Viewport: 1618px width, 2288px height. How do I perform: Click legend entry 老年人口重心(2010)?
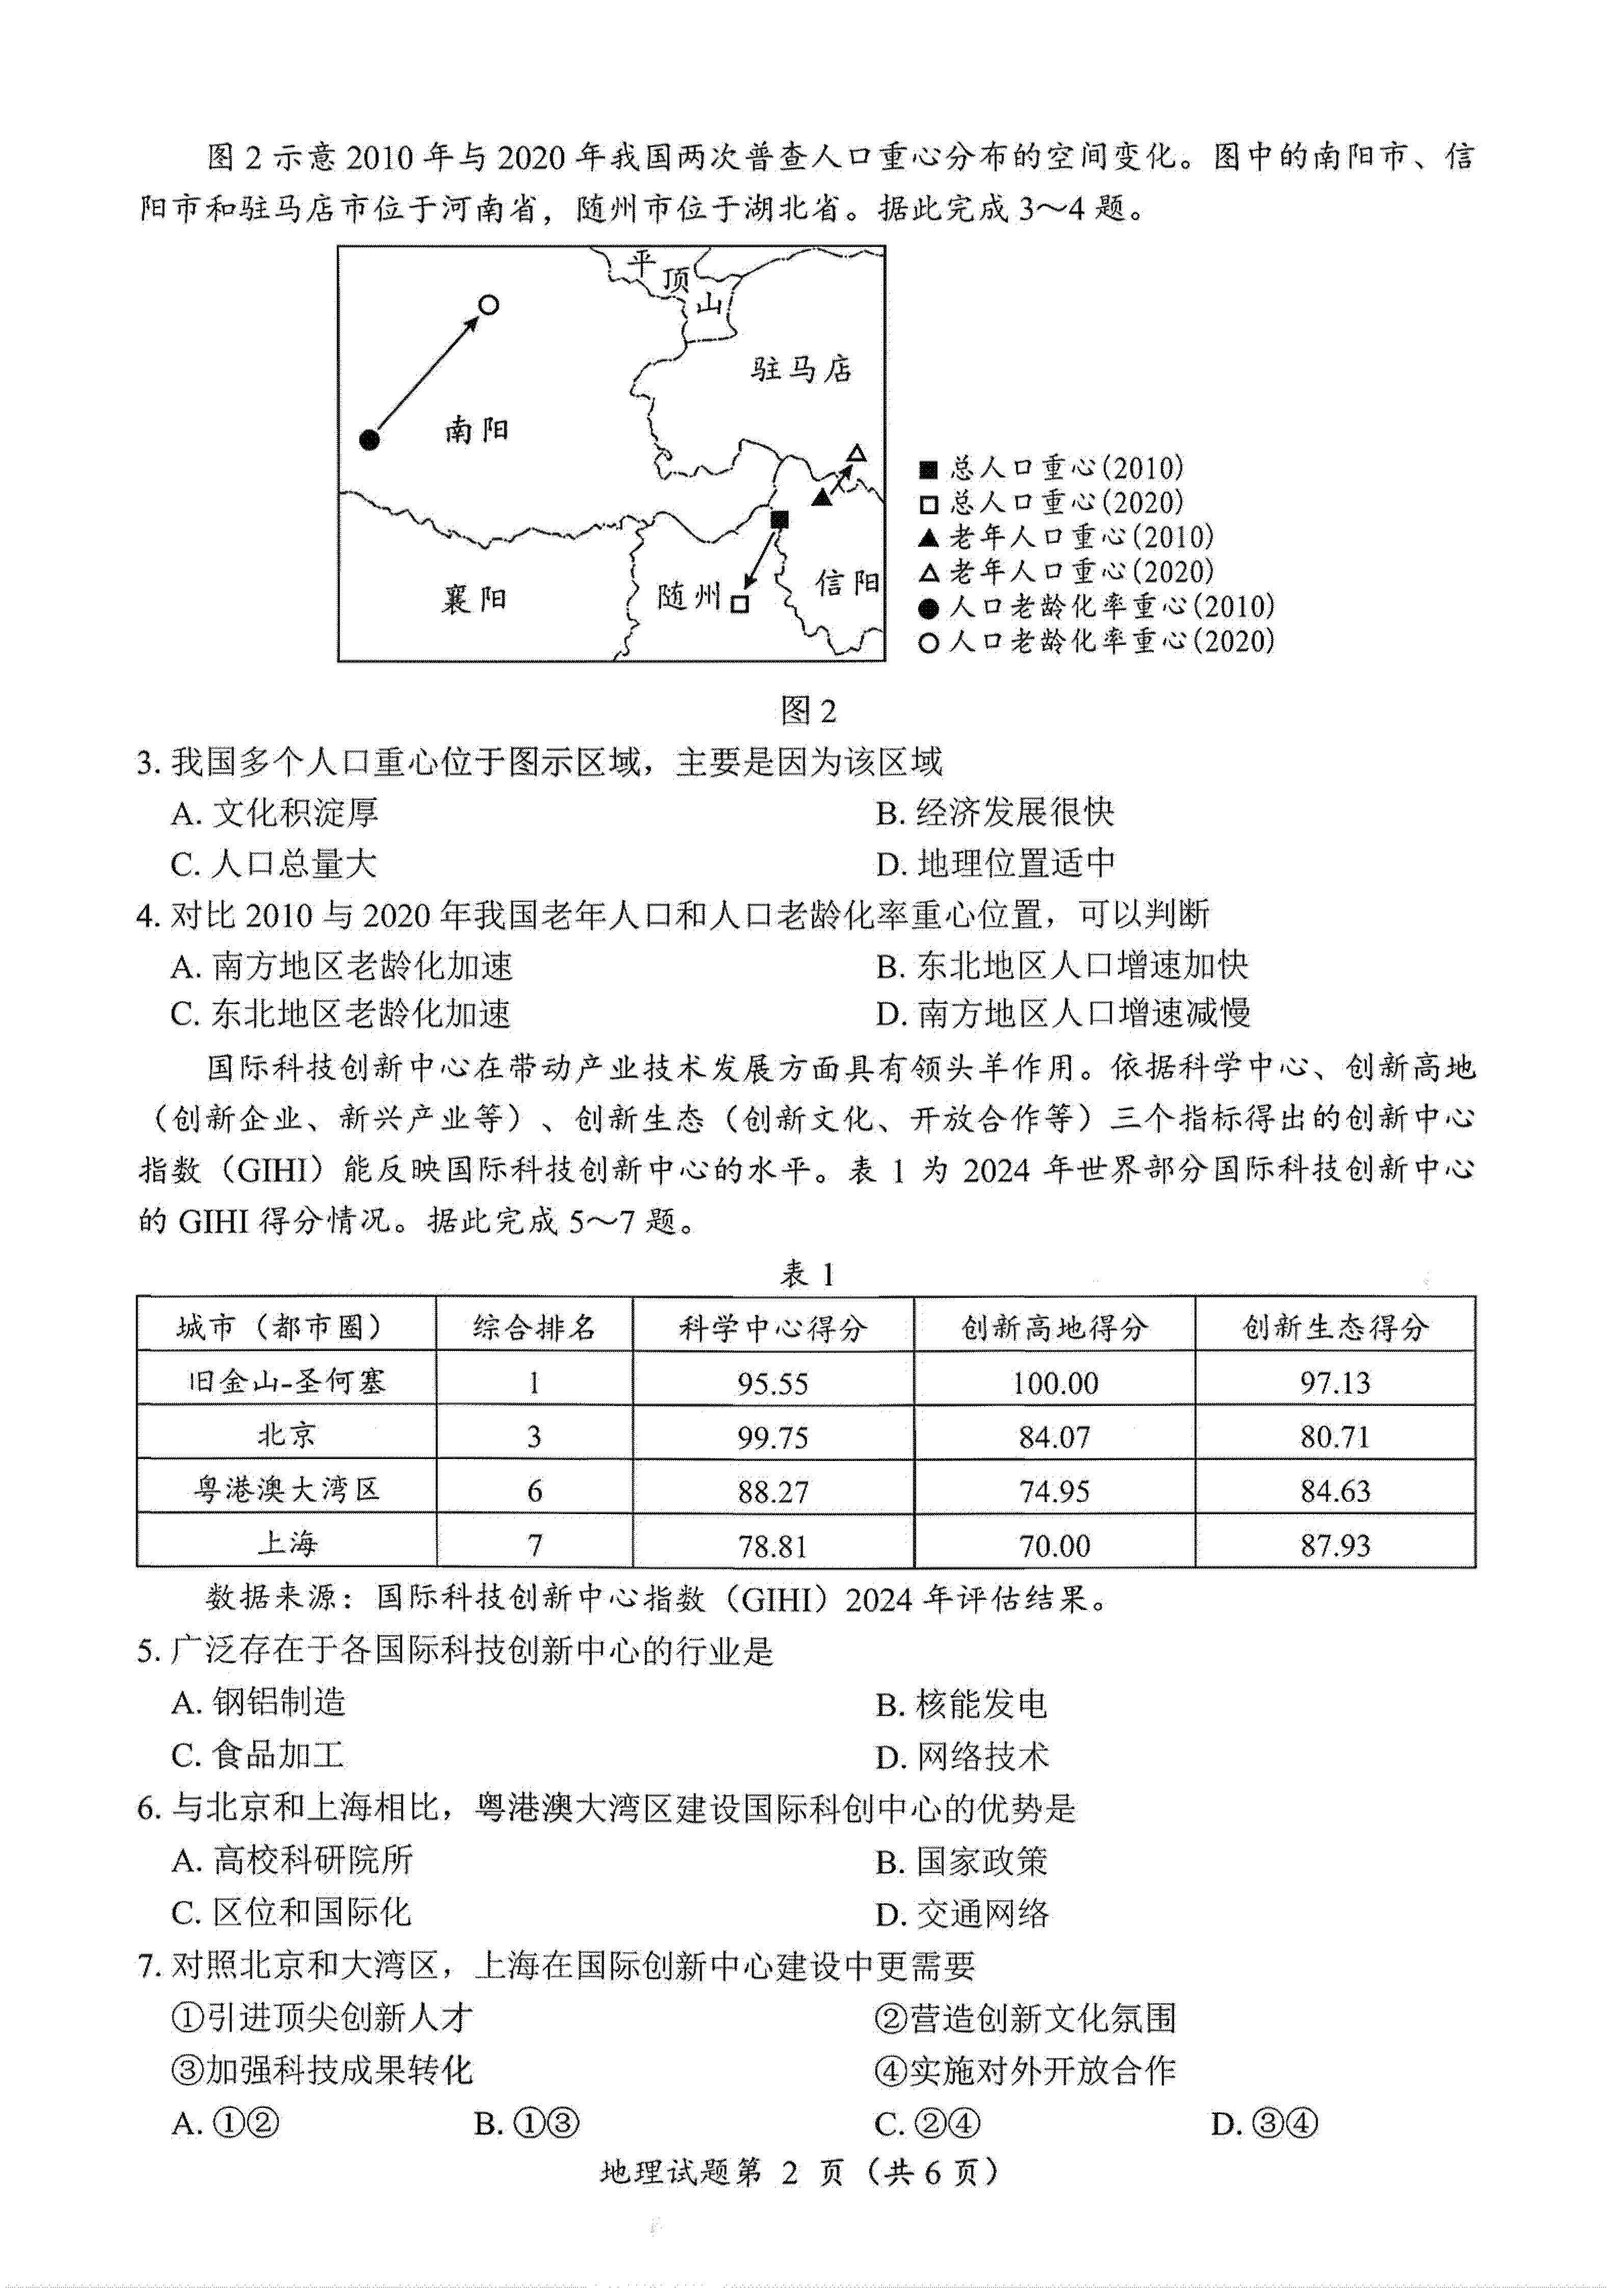(x=1066, y=537)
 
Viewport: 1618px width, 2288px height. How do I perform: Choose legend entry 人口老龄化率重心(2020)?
(x=1096, y=641)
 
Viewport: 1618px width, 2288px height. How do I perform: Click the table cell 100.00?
(x=1054, y=1382)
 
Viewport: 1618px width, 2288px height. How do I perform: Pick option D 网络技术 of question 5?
(x=962, y=1756)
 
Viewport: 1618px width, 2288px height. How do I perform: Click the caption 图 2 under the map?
(x=808, y=711)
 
